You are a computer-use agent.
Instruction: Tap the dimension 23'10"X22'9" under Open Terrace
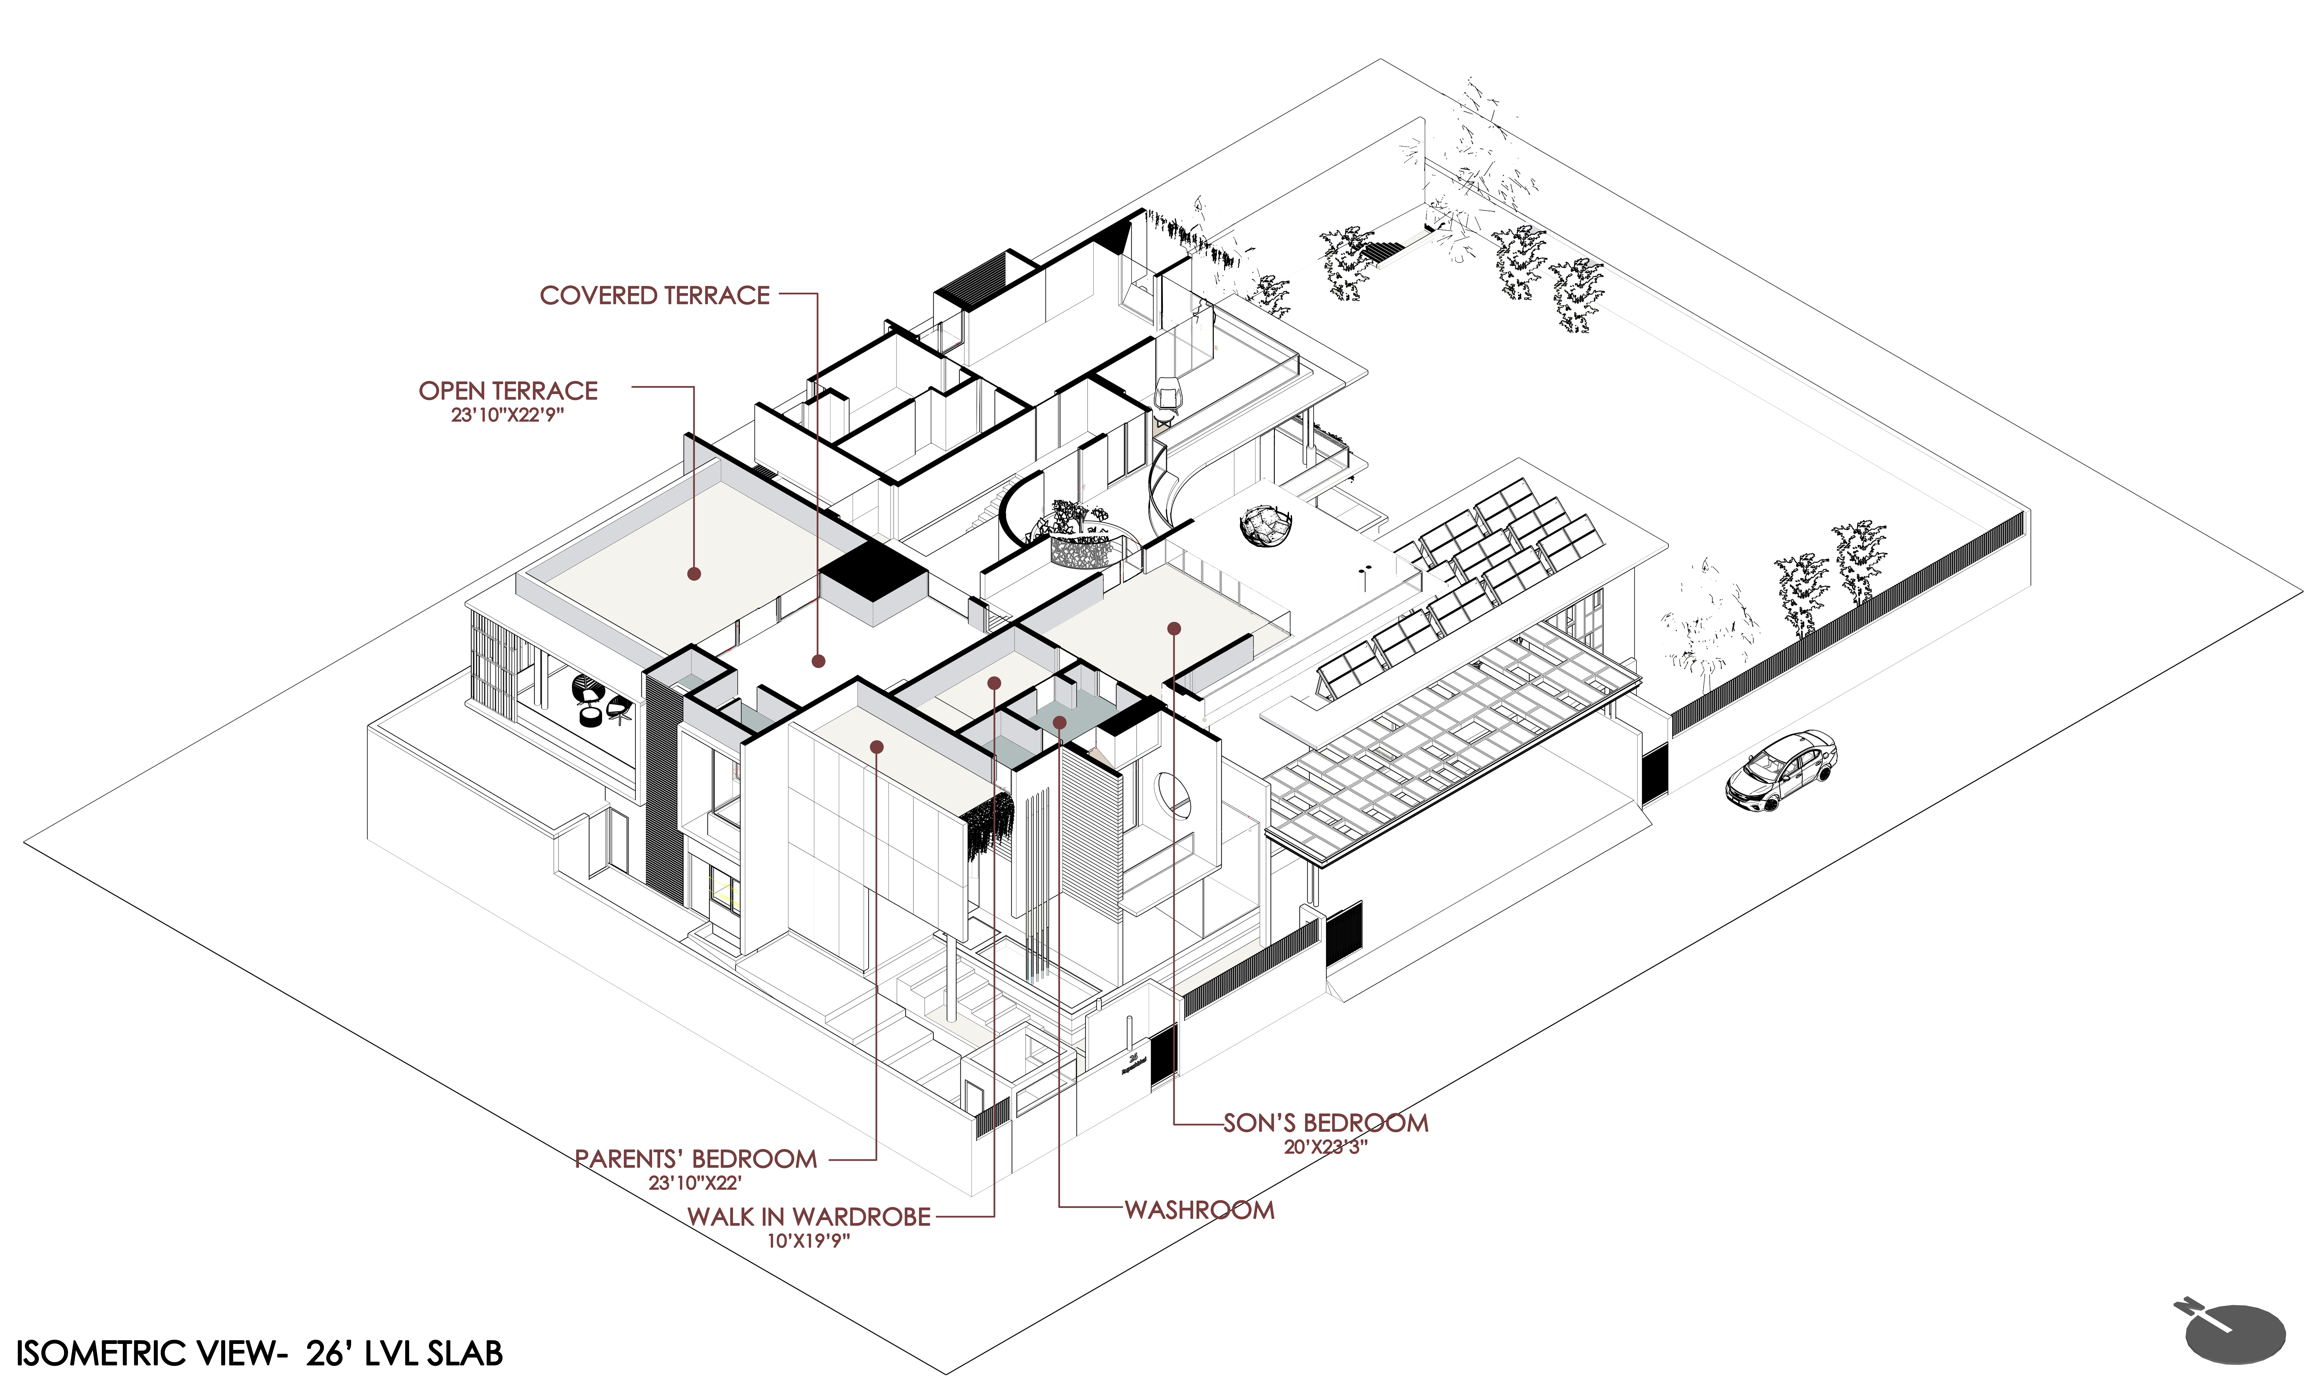pos(508,415)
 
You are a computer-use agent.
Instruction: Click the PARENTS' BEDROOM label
pos(696,1159)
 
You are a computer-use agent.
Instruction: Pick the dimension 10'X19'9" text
pos(809,1241)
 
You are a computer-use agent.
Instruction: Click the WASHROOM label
pos(1200,1210)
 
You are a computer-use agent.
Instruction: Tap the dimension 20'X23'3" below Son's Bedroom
pos(1325,1147)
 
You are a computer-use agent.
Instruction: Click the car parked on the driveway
pos(1781,770)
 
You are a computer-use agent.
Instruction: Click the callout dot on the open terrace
pos(693,573)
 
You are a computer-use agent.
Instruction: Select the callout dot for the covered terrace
pos(818,661)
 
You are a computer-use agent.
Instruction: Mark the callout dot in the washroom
pos(1059,721)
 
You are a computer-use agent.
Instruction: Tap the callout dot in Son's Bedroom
pos(1174,628)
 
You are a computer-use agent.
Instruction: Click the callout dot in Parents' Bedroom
pos(876,746)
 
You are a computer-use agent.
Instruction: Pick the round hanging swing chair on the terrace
pos(1265,525)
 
